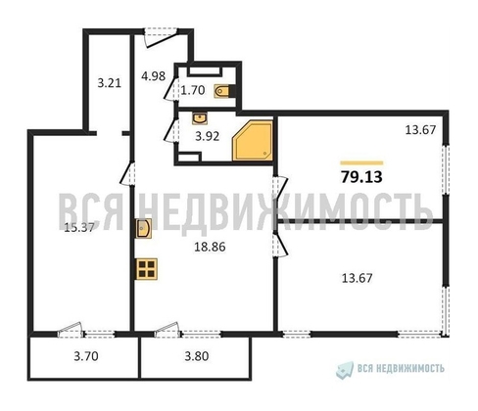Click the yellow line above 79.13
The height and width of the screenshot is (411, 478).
pyautogui.click(x=360, y=161)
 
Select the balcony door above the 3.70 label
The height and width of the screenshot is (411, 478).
pyautogui.click(x=71, y=330)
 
